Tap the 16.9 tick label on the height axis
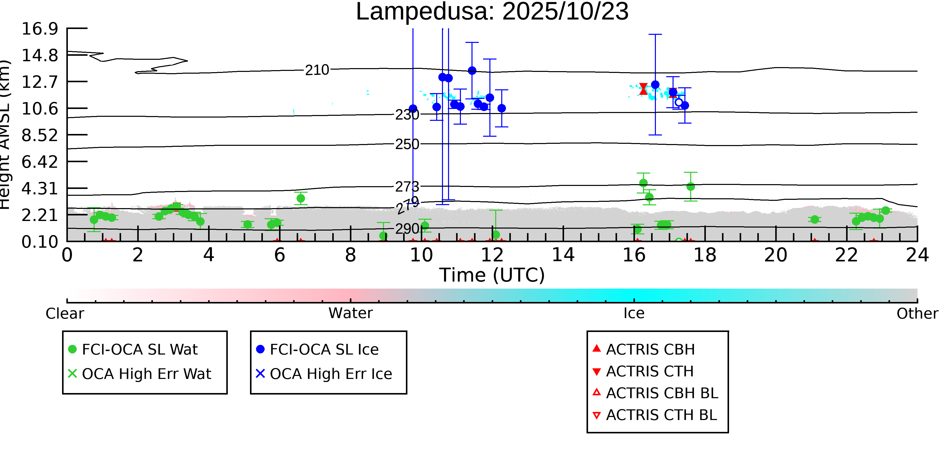[x=40, y=29]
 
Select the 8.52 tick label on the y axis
[x=40, y=135]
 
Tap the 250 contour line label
[x=407, y=144]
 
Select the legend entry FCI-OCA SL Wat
[x=140, y=349]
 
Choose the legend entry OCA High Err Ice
[x=330, y=374]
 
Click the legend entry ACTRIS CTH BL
[x=661, y=415]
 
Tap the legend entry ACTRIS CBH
[x=650, y=349]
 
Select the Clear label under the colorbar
[x=65, y=313]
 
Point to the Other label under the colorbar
[x=917, y=313]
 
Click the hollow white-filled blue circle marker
[x=679, y=102]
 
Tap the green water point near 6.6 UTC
[x=300, y=198]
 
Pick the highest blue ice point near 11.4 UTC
[x=472, y=71]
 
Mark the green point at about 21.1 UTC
[x=815, y=219]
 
